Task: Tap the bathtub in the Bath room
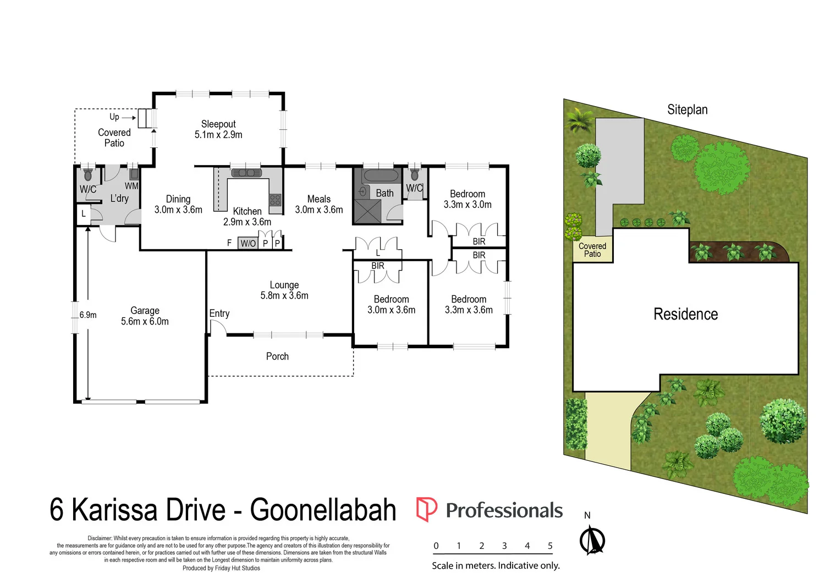tap(379, 176)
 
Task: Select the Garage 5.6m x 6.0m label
tap(145, 316)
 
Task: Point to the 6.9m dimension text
tap(88, 315)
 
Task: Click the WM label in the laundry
tap(131, 186)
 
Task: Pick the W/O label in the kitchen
tap(248, 243)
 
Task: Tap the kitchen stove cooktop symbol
tap(275, 200)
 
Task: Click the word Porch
tap(277, 356)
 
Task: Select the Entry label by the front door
tap(219, 313)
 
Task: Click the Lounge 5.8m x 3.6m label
tap(284, 290)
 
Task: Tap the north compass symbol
tap(592, 540)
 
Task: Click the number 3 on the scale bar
tap(504, 546)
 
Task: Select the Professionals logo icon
tap(426, 509)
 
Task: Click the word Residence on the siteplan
tap(685, 314)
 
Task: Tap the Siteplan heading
tap(687, 109)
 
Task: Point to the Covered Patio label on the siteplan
tap(592, 250)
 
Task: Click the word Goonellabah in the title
tap(323, 510)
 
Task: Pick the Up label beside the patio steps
tap(114, 117)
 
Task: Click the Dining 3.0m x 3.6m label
tap(178, 204)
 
